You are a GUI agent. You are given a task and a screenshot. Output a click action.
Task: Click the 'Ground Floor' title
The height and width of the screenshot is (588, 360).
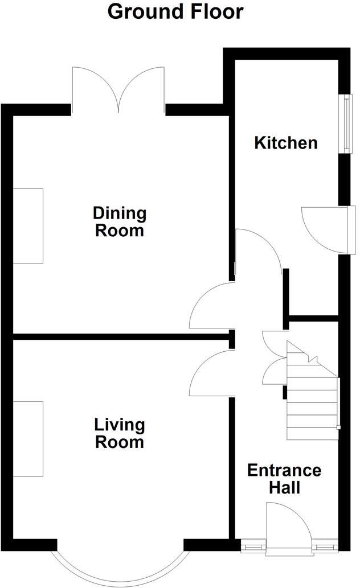[175, 12]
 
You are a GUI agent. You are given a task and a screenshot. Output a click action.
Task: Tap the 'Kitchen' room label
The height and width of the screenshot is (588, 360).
[285, 142]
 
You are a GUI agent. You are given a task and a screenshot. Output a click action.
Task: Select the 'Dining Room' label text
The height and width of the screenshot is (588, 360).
[120, 222]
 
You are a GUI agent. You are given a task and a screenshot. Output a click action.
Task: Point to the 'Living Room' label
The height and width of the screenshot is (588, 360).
[120, 433]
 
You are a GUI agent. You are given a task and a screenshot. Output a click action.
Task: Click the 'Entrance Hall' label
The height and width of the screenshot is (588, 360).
[284, 479]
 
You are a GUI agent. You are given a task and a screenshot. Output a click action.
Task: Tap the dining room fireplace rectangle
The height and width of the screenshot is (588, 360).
[28, 225]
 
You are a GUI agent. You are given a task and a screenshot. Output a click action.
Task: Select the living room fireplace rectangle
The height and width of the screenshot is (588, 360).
[28, 438]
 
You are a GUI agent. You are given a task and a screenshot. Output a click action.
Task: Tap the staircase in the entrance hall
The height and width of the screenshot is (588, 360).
[312, 398]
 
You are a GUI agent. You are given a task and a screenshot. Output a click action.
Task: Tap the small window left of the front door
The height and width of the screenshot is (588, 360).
[251, 547]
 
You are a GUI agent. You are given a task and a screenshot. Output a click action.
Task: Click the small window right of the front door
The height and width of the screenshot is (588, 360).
[325, 547]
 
